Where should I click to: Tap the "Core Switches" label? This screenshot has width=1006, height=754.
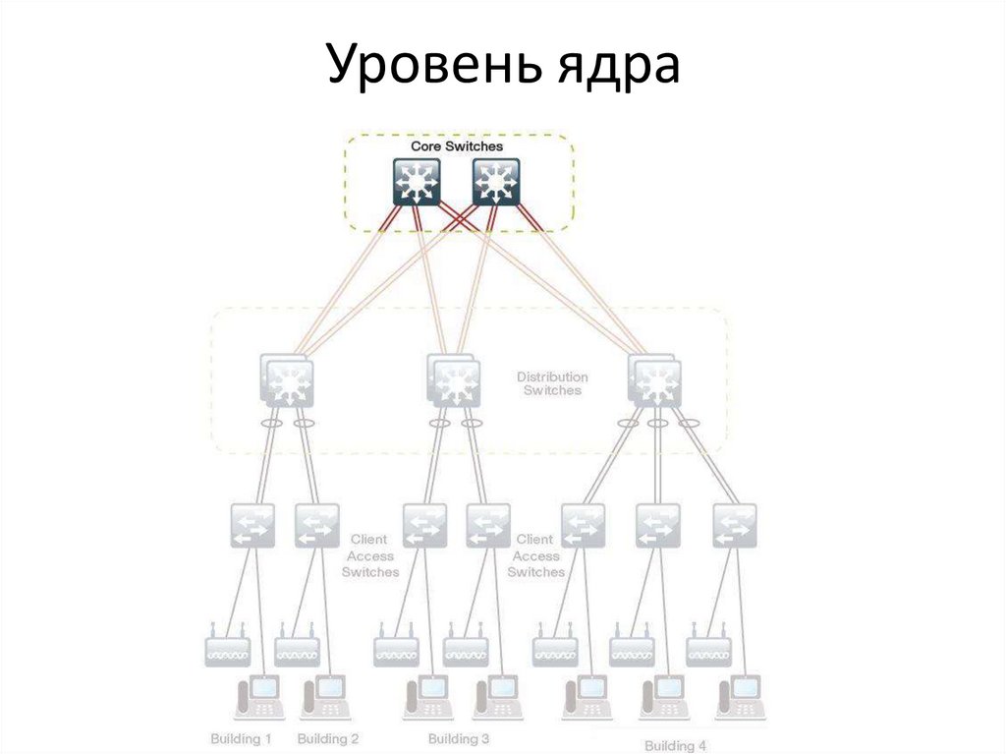pyautogui.click(x=457, y=146)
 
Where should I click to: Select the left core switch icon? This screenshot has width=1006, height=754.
pyautogui.click(x=417, y=183)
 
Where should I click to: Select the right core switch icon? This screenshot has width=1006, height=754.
pyautogui.click(x=497, y=183)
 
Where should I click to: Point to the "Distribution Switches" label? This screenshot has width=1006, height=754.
pyautogui.click(x=553, y=383)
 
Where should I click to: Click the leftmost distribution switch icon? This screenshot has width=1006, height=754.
pyautogui.click(x=288, y=381)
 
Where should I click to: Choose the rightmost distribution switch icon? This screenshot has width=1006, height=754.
pyautogui.click(x=652, y=381)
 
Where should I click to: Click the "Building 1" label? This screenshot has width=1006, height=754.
pyautogui.click(x=241, y=738)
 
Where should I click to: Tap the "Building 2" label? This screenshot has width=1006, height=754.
pyautogui.click(x=328, y=738)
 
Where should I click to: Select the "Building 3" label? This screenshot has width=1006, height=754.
pyautogui.click(x=459, y=738)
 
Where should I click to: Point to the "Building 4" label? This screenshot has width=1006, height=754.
pyautogui.click(x=675, y=745)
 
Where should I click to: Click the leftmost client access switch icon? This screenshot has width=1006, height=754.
pyautogui.click(x=252, y=526)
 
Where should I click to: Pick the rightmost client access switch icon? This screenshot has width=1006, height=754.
pyautogui.click(x=735, y=526)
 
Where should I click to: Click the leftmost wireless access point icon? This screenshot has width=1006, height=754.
pyautogui.click(x=228, y=648)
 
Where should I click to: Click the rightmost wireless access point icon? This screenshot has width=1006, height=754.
pyautogui.click(x=708, y=648)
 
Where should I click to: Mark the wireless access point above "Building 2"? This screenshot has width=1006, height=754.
pyautogui.click(x=297, y=648)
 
